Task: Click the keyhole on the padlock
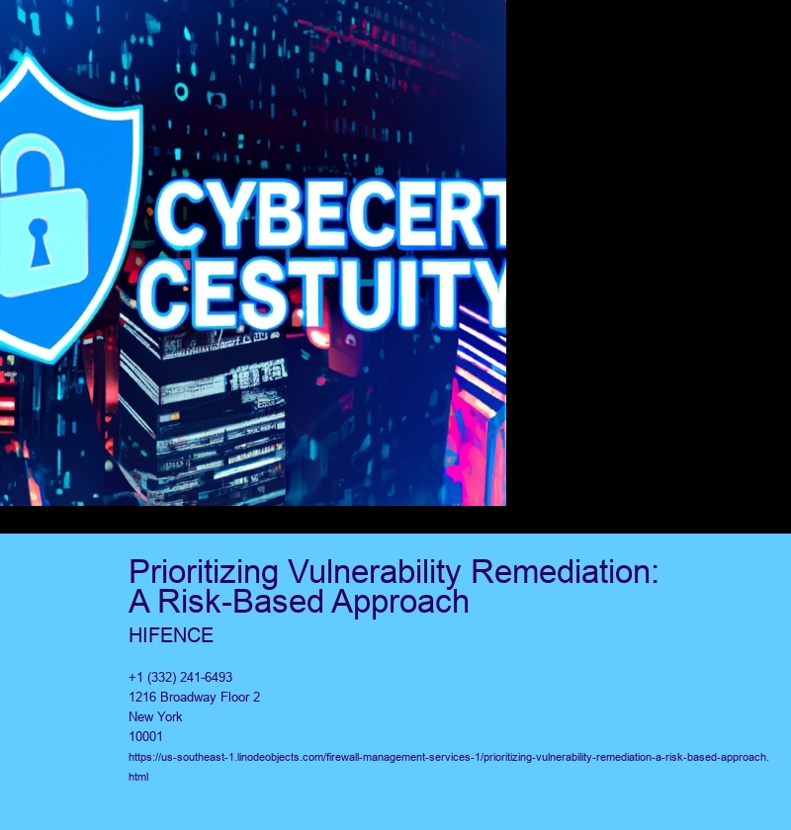39,242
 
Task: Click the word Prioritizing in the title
204,573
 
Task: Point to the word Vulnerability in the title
375,572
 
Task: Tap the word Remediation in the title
565,572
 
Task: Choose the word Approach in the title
400,603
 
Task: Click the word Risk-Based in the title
241,602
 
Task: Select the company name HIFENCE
171,635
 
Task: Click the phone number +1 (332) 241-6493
180,677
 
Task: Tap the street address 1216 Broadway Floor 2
194,698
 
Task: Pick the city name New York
155,716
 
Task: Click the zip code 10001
145,736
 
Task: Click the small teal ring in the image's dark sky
181,92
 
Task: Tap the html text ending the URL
138,777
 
